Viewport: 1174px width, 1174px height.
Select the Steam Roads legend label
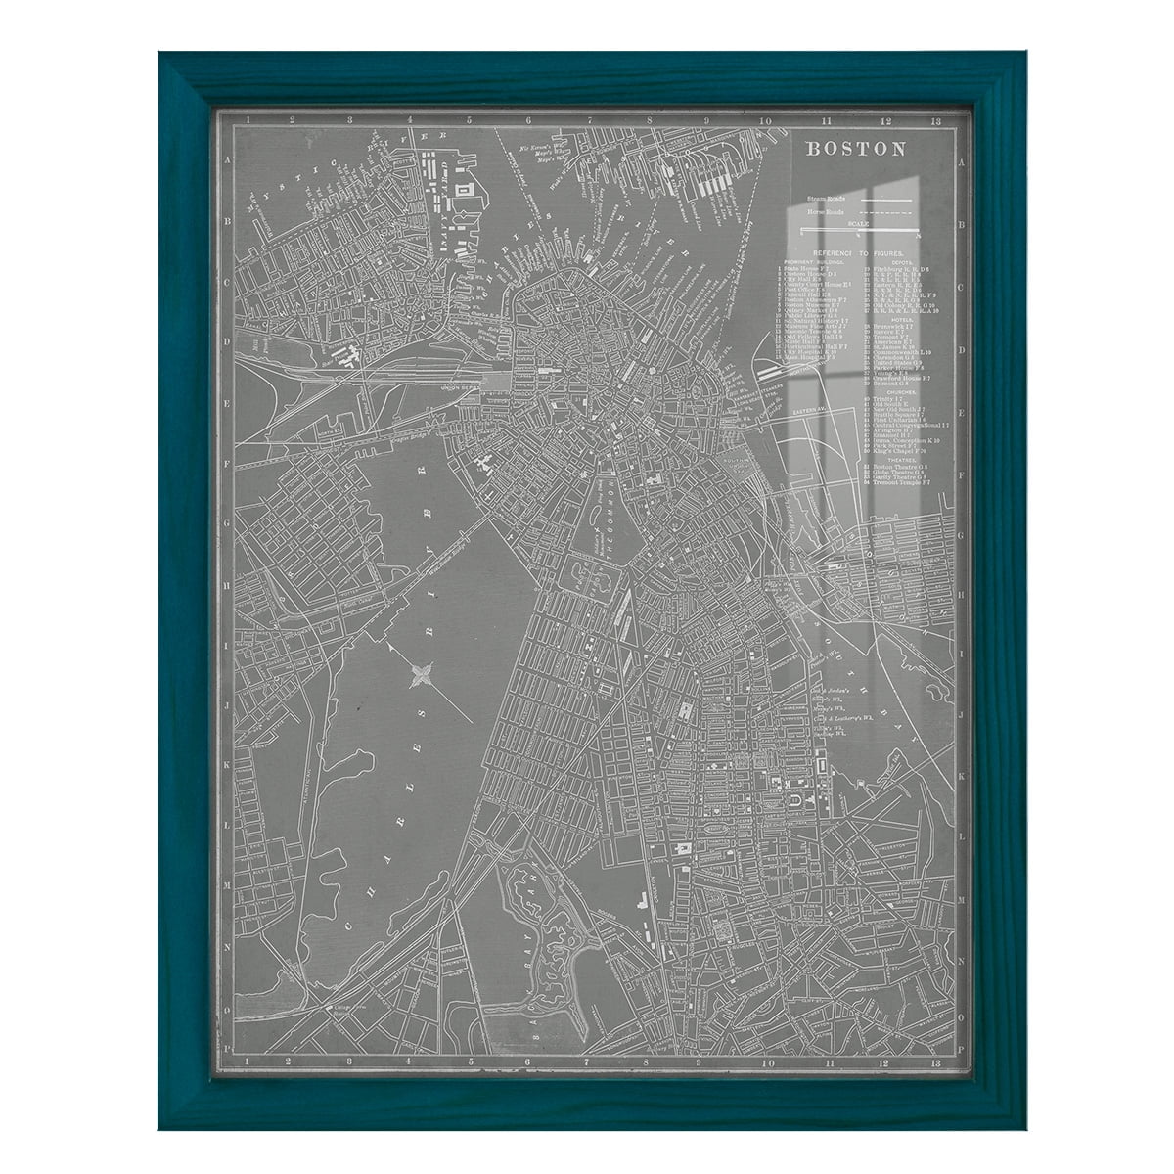[827, 199]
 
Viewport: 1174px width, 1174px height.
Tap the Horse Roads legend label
[827, 212]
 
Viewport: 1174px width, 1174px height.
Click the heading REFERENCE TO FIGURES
[857, 252]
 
